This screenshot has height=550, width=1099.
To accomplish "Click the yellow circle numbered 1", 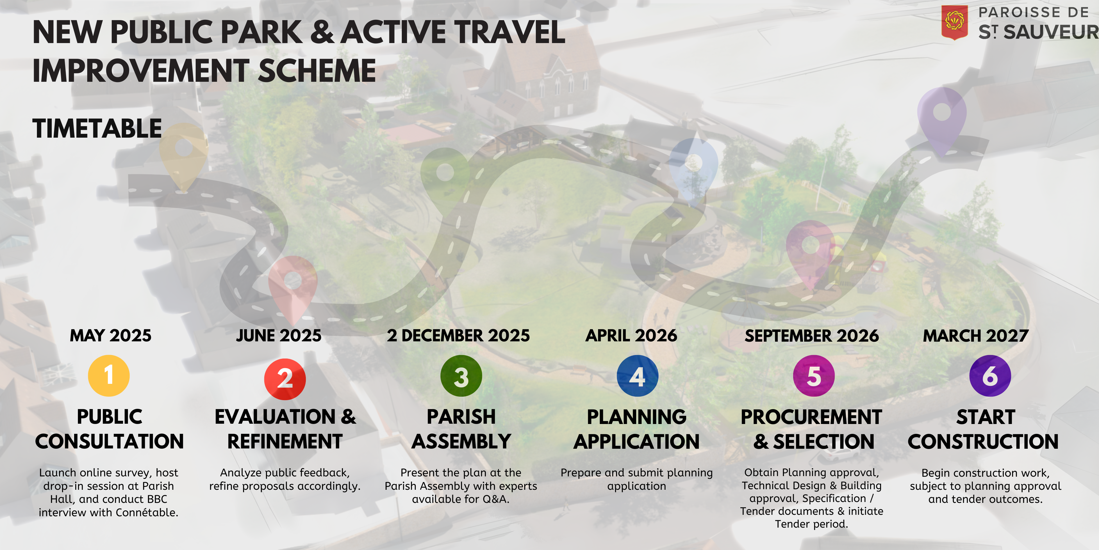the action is pyautogui.click(x=109, y=376).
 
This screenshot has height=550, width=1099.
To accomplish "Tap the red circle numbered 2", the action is pyautogui.click(x=285, y=379).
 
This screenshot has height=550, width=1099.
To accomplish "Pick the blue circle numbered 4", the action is pyautogui.click(x=637, y=376).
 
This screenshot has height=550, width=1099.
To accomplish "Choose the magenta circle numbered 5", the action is pyautogui.click(x=813, y=376).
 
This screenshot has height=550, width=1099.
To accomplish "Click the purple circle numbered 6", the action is pyautogui.click(x=990, y=376).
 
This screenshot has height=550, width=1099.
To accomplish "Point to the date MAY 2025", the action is pyautogui.click(x=110, y=336).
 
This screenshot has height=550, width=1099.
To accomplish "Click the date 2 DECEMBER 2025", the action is pyautogui.click(x=458, y=336).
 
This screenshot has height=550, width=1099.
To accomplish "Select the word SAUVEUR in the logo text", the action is pyautogui.click(x=1051, y=32).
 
